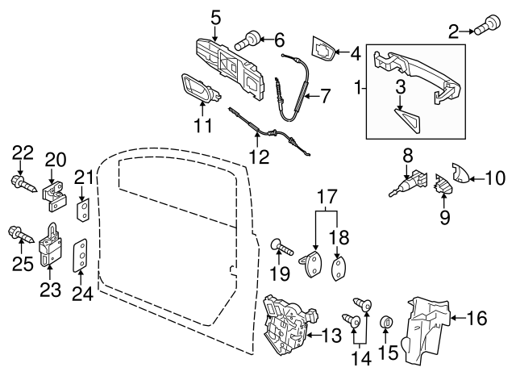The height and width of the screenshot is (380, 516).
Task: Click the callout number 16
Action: click(477, 318)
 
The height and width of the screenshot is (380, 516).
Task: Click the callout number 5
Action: click(215, 16)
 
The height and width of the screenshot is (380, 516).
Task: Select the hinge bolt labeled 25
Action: click(20, 236)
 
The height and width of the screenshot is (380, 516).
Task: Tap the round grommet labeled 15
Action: click(386, 324)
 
